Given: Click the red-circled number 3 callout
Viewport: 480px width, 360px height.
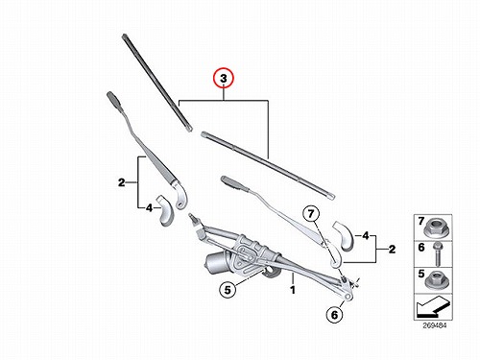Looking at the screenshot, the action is coord(224,78).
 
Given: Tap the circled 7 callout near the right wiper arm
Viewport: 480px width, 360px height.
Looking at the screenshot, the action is coord(312,213).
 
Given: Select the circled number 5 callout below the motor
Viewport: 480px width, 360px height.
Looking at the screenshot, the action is coord(228,290).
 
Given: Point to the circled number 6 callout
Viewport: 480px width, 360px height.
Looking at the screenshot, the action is coord(335,315).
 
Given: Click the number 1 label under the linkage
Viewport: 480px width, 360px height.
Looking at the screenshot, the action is coord(293,290).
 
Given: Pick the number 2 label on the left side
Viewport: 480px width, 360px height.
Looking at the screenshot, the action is coord(121,182).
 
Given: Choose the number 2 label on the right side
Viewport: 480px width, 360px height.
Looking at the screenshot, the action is coord(392,249).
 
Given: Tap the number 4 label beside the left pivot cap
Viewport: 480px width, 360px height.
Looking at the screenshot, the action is coord(149,208).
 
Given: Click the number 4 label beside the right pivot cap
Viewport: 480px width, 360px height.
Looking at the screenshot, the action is coord(366,236).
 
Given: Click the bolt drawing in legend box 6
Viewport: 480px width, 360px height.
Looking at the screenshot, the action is coord(437,254).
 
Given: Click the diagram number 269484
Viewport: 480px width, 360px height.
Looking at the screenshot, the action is coord(434,325).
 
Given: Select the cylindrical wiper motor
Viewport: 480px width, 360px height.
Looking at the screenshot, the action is coord(215,259).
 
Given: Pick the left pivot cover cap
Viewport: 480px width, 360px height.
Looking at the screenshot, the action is coord(165,211).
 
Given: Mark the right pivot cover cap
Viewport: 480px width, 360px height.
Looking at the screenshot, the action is coord(343,235).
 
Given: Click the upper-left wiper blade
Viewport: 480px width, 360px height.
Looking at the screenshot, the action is coord(156,83).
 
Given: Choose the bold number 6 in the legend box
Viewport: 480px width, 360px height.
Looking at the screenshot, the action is coord(421,248).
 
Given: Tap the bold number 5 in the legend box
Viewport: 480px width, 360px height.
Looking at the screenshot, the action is coord(421,274).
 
